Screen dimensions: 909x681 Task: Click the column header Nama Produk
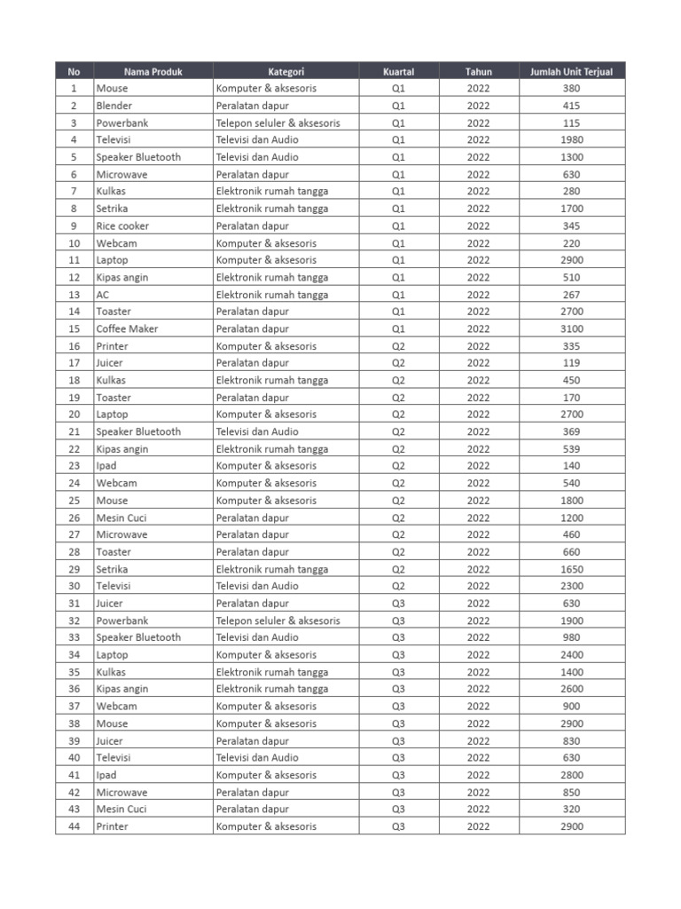click(153, 71)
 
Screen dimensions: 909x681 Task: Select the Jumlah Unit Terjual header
click(572, 71)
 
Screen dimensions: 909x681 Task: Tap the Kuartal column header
click(398, 71)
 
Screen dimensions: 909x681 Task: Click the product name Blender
click(114, 106)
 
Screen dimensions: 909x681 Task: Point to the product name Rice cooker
click(122, 225)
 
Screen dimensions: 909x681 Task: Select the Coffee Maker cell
click(127, 328)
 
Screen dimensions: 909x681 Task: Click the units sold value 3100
click(572, 328)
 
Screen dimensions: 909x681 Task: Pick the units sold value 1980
click(572, 139)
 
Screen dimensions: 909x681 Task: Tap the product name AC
click(103, 295)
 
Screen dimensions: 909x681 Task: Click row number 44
click(74, 826)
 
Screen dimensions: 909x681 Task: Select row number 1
click(74, 88)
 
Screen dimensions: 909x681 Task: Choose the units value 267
click(572, 295)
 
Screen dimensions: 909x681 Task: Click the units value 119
click(572, 363)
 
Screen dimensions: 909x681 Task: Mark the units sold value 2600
click(572, 689)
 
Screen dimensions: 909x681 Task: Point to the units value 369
click(572, 431)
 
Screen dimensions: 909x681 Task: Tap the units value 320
click(572, 809)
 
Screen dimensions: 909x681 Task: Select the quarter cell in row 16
click(398, 346)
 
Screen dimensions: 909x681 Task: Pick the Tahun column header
click(478, 71)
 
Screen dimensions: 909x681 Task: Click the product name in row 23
click(106, 466)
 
